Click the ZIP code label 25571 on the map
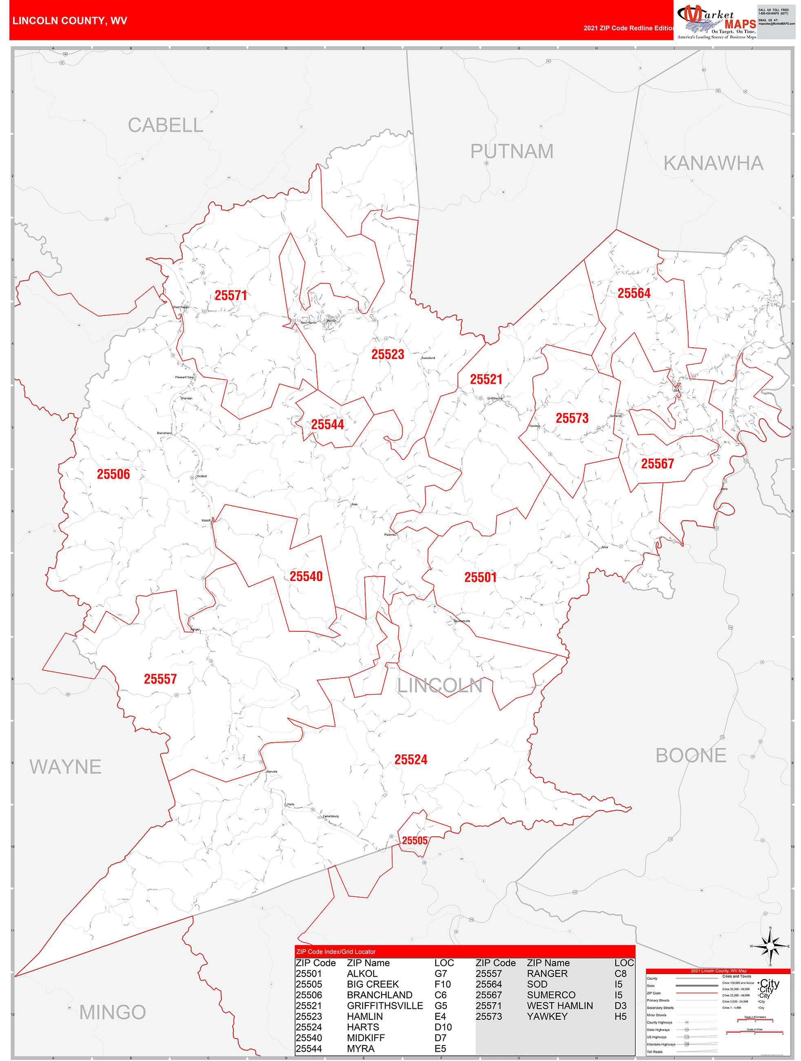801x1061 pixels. coord(231,295)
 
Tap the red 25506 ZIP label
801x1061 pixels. coord(113,474)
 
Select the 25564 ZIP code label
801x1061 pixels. coord(634,293)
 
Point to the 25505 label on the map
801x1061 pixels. coord(415,841)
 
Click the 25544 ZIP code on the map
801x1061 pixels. coord(328,424)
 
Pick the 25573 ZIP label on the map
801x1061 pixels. coord(572,418)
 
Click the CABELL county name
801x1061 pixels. coord(166,125)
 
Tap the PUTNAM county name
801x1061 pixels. coord(511,151)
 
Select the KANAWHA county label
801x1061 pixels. coord(713,164)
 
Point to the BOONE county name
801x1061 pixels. coord(691,756)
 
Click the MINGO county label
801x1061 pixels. coord(112,1012)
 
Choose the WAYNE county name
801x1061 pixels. coord(65,767)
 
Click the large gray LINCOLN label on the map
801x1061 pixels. coord(439,686)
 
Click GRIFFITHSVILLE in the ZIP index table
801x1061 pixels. coord(385,1006)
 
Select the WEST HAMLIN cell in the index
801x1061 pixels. coord(560,1006)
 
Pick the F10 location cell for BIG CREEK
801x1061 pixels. coord(442,984)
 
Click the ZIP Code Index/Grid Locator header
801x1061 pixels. coord(336,952)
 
